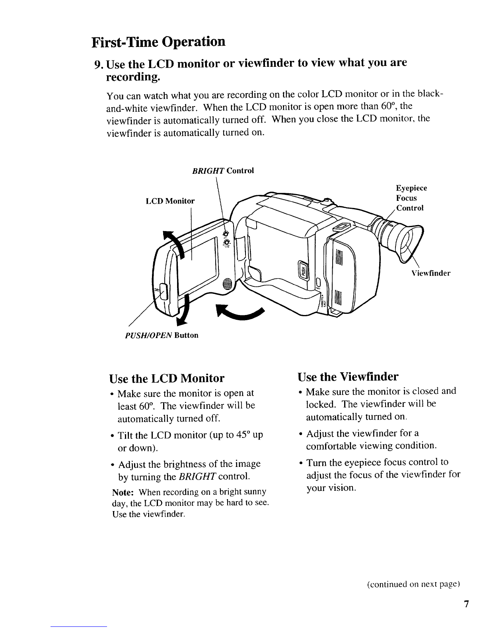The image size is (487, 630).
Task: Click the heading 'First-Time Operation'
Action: click(x=158, y=41)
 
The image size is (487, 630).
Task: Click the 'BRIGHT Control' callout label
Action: click(x=223, y=171)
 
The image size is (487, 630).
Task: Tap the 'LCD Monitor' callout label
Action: click(x=170, y=201)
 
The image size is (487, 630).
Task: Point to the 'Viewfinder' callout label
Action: click(x=431, y=273)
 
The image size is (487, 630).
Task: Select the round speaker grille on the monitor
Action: click(x=227, y=284)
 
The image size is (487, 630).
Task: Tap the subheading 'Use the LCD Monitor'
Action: click(x=167, y=378)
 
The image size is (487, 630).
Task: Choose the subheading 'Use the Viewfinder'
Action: click(x=348, y=376)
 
